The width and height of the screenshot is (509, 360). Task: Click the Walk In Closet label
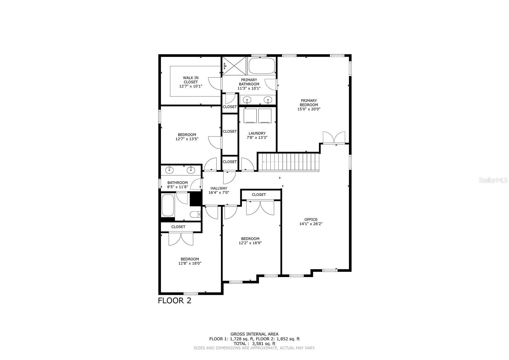(191, 80)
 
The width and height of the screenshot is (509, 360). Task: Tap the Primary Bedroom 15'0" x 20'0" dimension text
(309, 109)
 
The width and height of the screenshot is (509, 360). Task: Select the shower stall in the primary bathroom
(234, 66)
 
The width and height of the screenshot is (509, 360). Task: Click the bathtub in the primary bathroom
(261, 66)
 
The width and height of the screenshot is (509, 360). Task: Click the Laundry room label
(257, 133)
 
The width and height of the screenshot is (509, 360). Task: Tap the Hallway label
(219, 188)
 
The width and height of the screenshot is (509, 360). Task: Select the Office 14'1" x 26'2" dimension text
(311, 224)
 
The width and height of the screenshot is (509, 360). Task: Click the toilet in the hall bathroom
(195, 215)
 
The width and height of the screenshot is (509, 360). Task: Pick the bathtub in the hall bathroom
(168, 205)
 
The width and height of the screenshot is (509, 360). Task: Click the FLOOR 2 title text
(175, 301)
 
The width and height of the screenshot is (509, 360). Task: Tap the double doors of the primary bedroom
(334, 137)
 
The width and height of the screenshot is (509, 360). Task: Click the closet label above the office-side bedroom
(259, 195)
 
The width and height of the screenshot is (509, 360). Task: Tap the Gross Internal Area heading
(254, 334)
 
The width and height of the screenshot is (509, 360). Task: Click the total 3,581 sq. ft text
(254, 343)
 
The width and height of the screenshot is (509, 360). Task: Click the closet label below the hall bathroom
(178, 227)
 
